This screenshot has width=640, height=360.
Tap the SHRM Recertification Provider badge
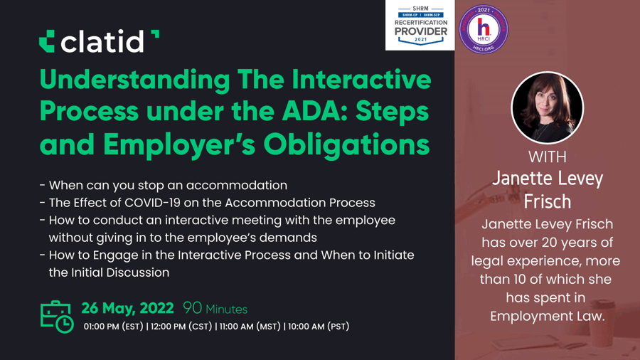[420, 26]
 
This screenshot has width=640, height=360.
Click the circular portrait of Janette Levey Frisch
[547, 107]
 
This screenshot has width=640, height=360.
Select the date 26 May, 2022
[127, 308]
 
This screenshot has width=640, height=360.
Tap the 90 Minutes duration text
[215, 309]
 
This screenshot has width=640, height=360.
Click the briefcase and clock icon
[56, 316]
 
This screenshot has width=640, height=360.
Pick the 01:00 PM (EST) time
[114, 327]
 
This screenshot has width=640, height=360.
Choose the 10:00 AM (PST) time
[319, 327]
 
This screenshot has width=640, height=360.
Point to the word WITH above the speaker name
[547, 157]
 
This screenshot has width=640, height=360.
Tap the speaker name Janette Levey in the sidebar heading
[547, 179]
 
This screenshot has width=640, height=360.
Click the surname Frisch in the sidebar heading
[547, 201]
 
